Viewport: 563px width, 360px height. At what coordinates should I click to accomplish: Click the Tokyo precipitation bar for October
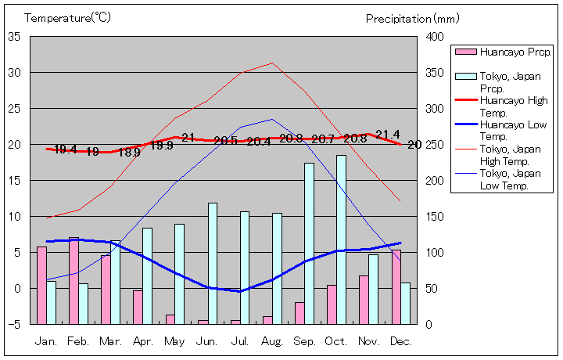341,239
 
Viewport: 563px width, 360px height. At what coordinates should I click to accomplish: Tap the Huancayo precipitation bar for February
74,280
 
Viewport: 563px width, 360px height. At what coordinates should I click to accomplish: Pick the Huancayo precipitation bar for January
41,285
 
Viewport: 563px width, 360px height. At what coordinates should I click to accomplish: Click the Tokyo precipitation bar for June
213,263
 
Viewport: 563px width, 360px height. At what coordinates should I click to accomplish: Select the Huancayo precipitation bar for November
364,299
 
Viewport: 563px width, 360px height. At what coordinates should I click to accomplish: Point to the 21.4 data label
388,135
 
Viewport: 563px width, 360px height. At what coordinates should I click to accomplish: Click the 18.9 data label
130,153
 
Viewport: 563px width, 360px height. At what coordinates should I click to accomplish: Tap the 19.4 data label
66,149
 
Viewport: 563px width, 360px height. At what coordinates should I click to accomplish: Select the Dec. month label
400,341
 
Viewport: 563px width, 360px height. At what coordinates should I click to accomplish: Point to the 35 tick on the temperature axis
14,36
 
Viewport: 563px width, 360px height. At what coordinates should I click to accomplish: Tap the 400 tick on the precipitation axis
436,36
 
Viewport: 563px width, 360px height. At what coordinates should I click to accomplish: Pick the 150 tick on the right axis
436,216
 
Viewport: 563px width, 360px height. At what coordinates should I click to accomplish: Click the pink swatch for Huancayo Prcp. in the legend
466,52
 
